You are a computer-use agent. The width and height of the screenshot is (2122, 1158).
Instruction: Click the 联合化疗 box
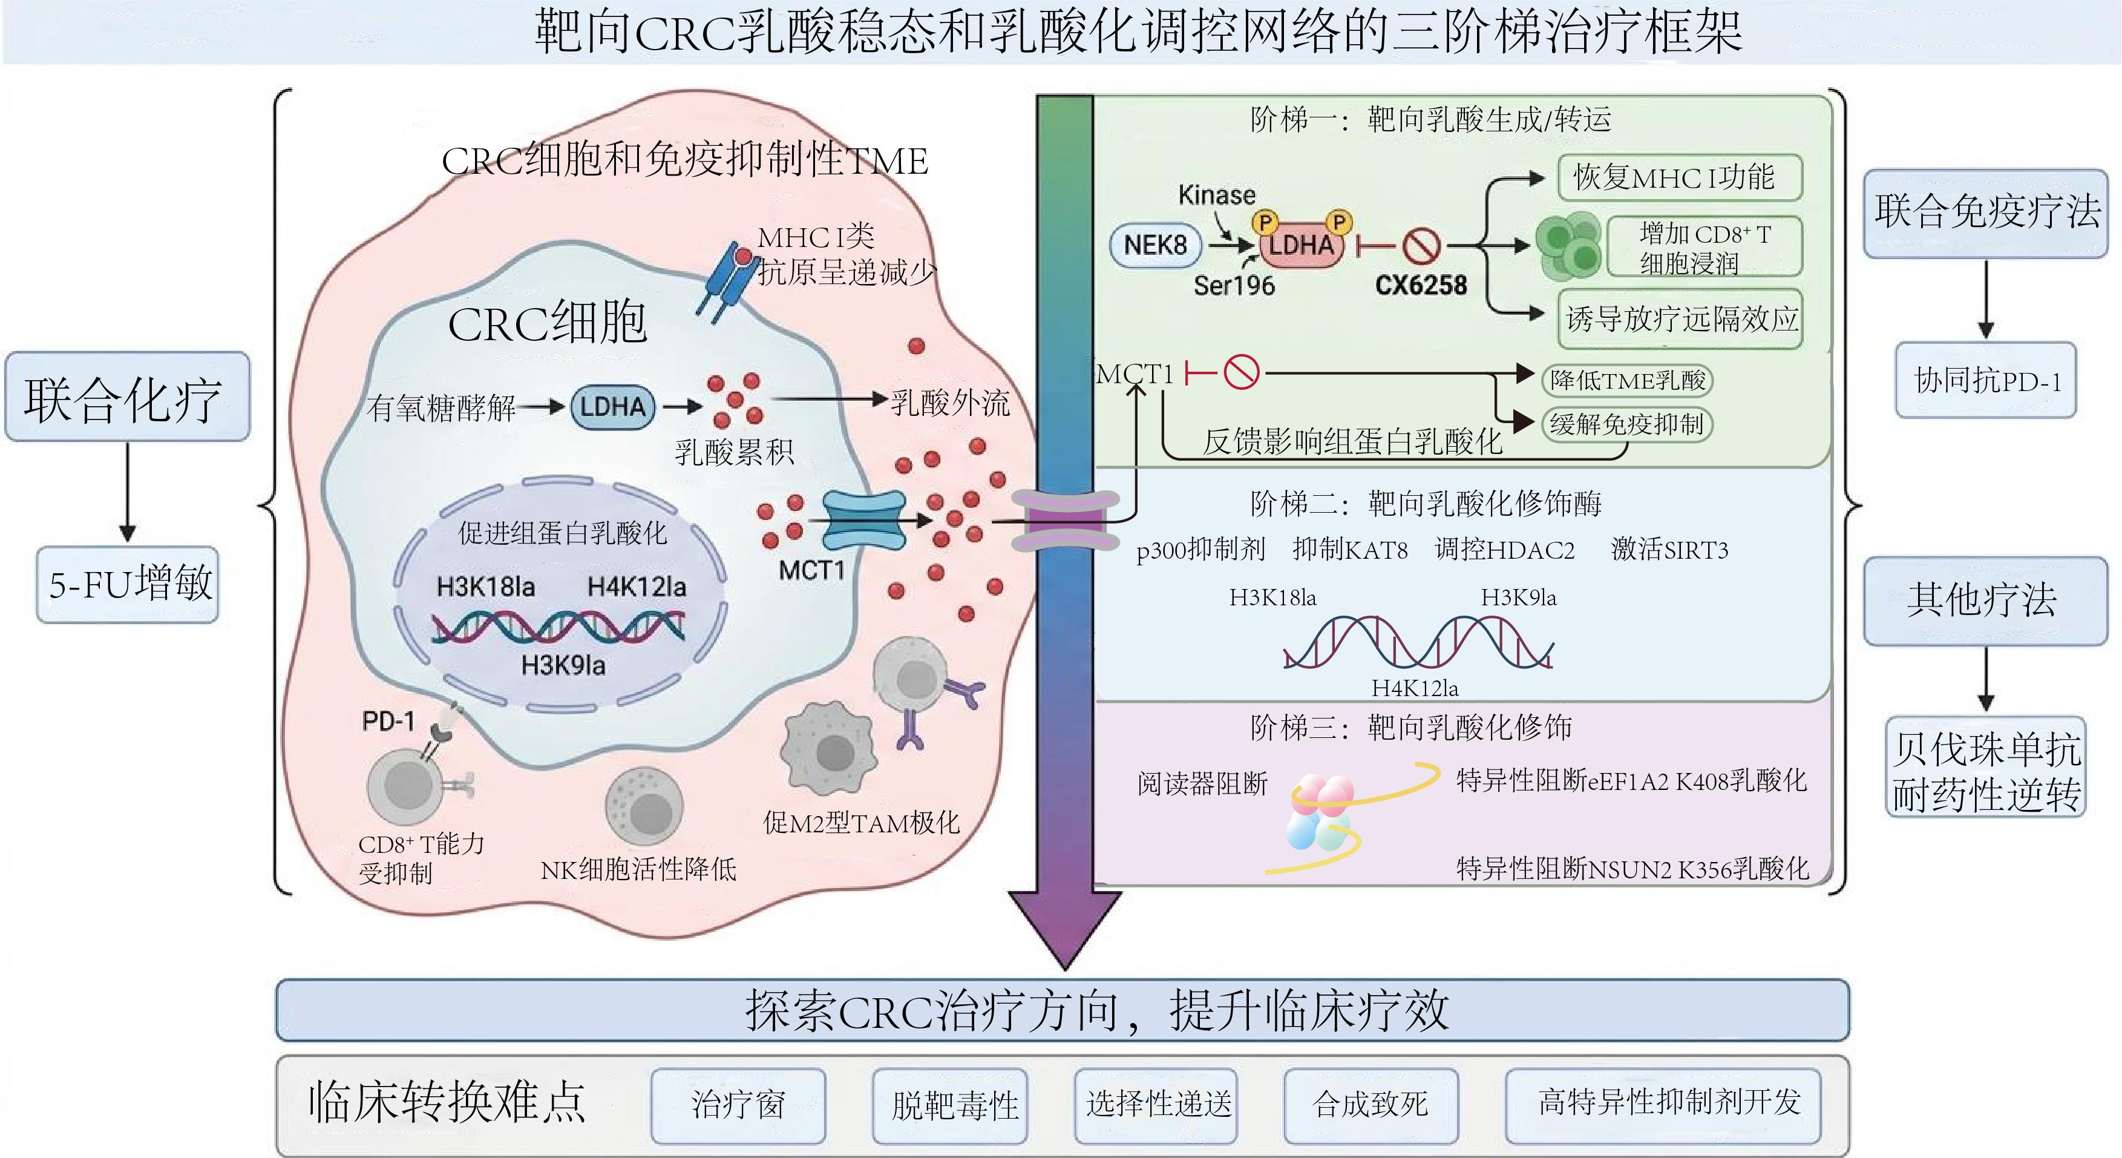coord(127,397)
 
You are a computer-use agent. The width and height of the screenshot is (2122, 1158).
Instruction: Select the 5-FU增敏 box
coord(128,584)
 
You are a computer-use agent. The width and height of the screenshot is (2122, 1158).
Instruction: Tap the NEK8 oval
coord(1156,245)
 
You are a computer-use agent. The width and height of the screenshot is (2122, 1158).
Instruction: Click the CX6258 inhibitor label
coord(1421,285)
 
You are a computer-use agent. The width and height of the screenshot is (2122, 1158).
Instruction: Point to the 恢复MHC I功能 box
coord(1680,177)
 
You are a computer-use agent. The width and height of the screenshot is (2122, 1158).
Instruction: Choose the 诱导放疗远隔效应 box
coord(1680,319)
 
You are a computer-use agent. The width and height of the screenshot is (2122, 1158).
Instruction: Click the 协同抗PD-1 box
coord(1985,381)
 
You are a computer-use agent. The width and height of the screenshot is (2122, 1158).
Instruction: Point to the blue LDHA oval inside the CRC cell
coord(613,406)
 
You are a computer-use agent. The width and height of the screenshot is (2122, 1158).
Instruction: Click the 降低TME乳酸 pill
coord(1627,380)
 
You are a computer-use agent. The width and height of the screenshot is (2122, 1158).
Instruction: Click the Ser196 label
coord(1234,285)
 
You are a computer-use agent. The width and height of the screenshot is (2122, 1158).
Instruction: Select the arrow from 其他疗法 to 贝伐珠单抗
coord(1985,680)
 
